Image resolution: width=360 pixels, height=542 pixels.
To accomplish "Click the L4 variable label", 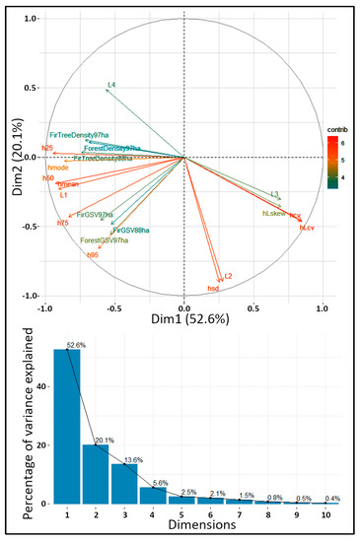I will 111,86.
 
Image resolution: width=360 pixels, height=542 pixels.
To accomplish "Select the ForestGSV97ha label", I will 105,240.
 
